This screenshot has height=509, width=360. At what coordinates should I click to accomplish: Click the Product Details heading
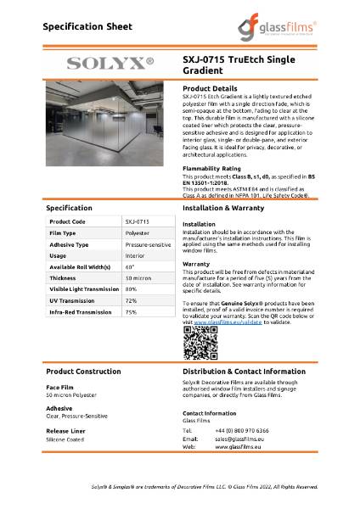pyautogui.click(x=210, y=88)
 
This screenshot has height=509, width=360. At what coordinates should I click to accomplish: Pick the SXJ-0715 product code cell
pyautogui.click(x=137, y=221)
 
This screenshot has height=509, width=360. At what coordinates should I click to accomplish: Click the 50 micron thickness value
pyautogui.click(x=138, y=277)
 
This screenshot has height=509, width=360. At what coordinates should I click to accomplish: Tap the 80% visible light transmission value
pyautogui.click(x=131, y=289)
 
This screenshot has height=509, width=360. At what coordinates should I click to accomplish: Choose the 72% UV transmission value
pyautogui.click(x=131, y=300)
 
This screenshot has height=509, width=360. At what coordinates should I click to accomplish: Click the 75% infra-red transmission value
pyautogui.click(x=131, y=312)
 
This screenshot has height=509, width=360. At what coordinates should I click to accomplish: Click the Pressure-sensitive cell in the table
pyautogui.click(x=146, y=243)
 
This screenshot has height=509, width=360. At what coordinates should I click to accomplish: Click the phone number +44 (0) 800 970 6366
pyautogui.click(x=245, y=430)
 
